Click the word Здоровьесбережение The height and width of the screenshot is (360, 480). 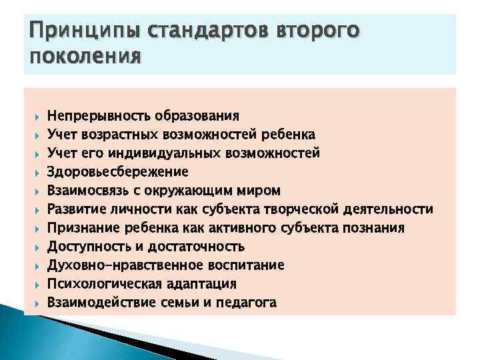pyautogui.click(x=118, y=172)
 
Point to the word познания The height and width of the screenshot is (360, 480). pyautogui.click(x=376, y=228)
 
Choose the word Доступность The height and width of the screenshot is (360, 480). pyautogui.click(x=87, y=247)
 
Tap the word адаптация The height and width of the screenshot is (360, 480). pyautogui.click(x=201, y=284)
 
